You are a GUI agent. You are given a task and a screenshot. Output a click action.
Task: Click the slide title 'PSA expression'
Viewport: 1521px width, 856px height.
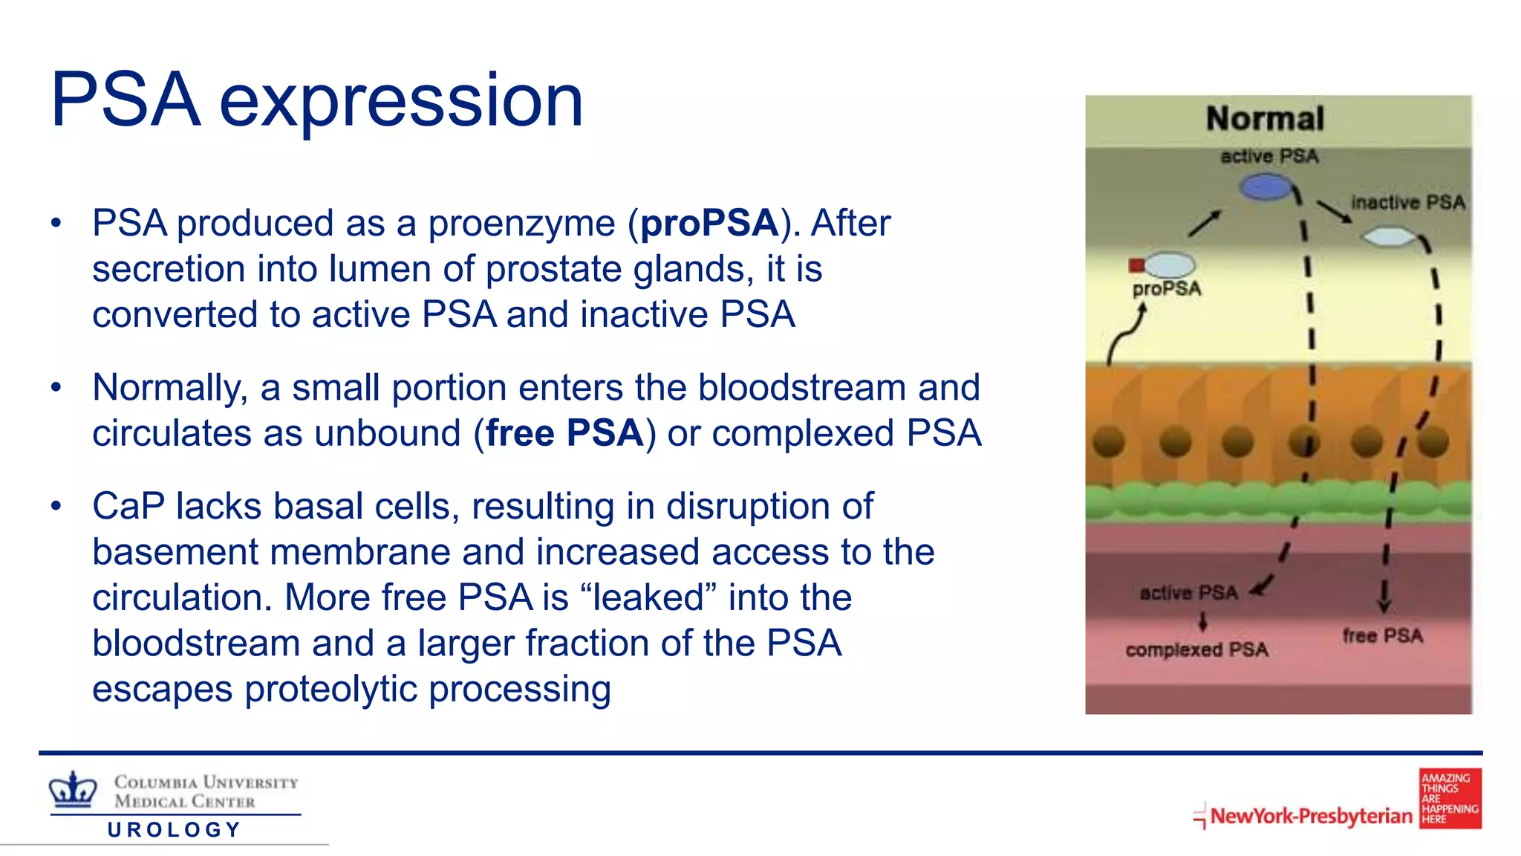click(x=316, y=100)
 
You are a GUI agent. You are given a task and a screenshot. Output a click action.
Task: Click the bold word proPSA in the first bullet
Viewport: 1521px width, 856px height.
click(x=709, y=223)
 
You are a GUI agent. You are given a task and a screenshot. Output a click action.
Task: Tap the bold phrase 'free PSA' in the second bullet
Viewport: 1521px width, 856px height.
click(x=564, y=433)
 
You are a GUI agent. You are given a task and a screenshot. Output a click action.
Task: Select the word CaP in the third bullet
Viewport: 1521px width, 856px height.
click(x=128, y=507)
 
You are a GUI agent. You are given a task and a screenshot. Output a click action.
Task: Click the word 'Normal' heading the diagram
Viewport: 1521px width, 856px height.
click(x=1265, y=119)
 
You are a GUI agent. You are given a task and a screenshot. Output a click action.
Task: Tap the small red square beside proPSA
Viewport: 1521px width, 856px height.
click(x=1136, y=265)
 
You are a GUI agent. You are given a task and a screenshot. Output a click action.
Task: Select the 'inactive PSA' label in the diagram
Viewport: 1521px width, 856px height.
click(x=1407, y=203)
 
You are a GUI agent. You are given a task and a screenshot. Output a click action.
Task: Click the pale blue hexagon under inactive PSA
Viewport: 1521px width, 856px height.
click(x=1389, y=238)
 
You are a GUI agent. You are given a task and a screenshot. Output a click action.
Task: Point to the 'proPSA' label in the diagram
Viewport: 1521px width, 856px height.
click(x=1166, y=289)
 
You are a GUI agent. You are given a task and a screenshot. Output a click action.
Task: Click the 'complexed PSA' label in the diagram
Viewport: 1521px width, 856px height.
click(x=1196, y=650)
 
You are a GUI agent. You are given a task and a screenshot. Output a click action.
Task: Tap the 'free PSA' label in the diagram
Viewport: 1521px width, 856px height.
click(x=1382, y=636)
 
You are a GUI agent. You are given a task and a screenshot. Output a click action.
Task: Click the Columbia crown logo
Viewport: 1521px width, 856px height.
click(x=73, y=790)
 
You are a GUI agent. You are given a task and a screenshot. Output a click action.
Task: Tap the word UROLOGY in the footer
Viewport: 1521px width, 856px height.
click(x=175, y=830)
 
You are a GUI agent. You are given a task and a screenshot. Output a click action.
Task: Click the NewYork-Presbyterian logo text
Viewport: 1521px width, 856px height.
click(x=1311, y=816)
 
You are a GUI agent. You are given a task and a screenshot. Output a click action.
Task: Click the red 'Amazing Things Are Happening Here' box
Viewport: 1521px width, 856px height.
click(x=1450, y=799)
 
